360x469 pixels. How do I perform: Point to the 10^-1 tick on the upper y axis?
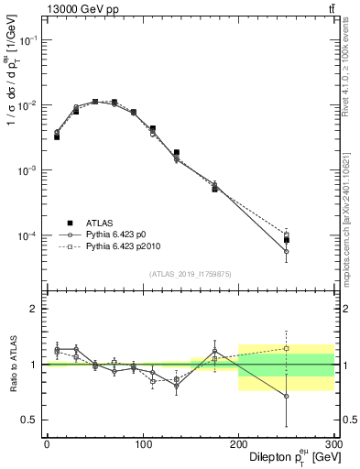tap(31, 40)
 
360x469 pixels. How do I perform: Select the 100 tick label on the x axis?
tap(143, 444)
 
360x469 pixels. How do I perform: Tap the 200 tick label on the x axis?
tap(238, 444)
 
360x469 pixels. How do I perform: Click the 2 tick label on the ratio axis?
tap(36, 309)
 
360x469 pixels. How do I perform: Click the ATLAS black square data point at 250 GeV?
tap(287, 240)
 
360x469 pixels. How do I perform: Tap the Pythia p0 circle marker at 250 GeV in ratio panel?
tap(287, 396)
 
